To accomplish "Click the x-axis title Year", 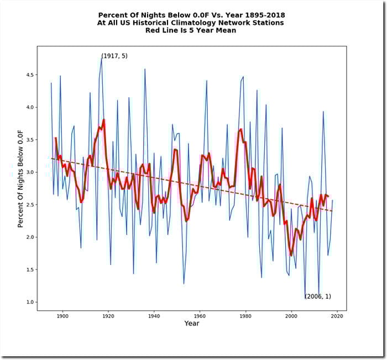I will click(x=192, y=324).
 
